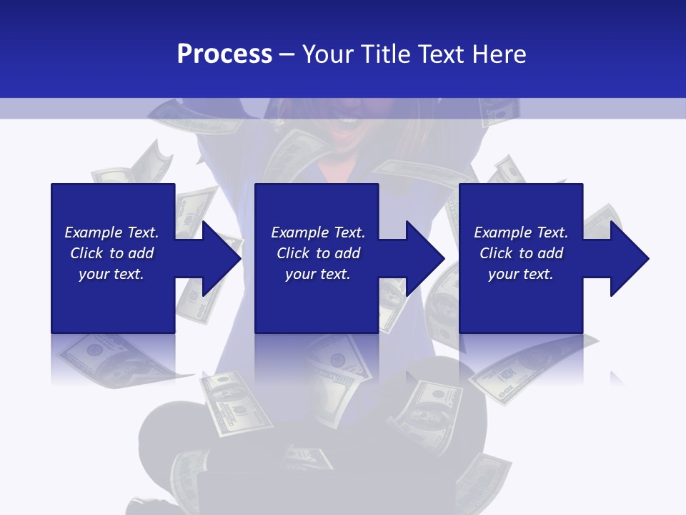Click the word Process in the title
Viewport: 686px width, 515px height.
coord(224,54)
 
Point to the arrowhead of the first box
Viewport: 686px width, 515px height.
coord(218,258)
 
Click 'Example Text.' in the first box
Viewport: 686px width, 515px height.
coord(111,232)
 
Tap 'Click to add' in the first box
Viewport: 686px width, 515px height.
coord(111,253)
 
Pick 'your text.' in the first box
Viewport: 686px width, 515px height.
coord(111,274)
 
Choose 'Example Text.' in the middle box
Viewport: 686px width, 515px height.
coord(318,232)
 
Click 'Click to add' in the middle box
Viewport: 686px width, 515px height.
coord(318,253)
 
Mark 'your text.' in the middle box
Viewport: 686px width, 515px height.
coord(318,274)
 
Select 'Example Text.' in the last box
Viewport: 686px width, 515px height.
coord(521,232)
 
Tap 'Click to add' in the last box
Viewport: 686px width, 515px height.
coord(521,253)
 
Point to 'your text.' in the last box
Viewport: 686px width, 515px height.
coord(521,274)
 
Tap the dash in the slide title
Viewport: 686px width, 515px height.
coord(287,55)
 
